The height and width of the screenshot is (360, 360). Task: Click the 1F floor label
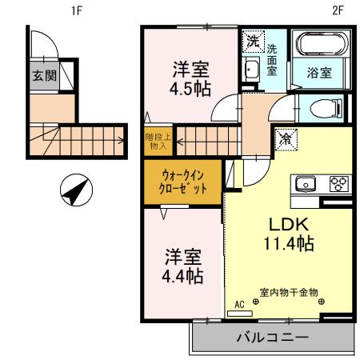77,10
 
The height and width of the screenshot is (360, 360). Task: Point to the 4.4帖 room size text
184,277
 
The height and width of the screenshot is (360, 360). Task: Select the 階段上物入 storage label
155,142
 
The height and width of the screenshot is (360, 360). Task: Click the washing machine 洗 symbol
253,39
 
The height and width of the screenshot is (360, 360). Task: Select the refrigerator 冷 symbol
286,138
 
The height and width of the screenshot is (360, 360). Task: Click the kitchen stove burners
338,183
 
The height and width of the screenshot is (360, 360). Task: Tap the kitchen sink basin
307,184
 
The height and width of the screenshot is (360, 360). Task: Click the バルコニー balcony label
272,338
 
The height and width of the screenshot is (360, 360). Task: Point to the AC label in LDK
238,305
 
